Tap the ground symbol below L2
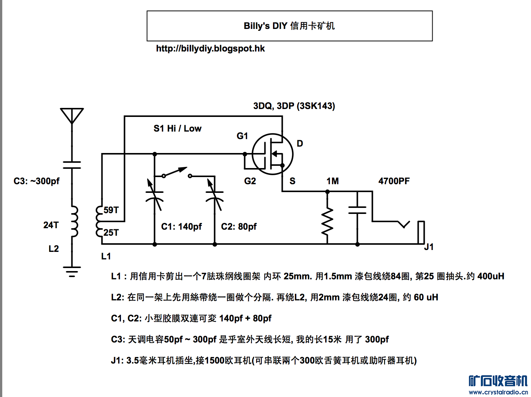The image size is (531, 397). [x=72, y=272]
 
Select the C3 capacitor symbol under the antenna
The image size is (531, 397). [x=72, y=165]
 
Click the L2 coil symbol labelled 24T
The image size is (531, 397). [x=74, y=222]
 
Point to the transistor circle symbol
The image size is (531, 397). [x=273, y=154]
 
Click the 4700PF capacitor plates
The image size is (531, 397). [x=358, y=210]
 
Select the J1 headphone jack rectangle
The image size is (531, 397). [x=421, y=232]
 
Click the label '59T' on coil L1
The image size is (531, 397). [x=111, y=210]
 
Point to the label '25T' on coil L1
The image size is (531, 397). [x=111, y=233]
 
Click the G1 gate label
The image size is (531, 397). [x=242, y=136]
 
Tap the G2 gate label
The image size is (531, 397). [x=250, y=181]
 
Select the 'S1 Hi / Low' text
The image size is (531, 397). [x=177, y=129]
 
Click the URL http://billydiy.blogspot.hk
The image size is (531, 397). [x=210, y=48]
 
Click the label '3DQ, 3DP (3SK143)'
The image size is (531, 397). [x=294, y=106]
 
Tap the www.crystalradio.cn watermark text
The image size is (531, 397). [x=498, y=392]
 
